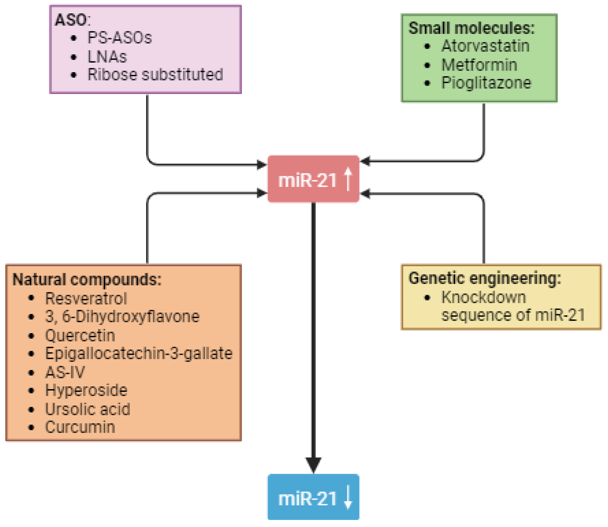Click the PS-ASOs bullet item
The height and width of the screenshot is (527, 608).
point(119,38)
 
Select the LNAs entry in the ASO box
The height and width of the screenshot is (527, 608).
point(107,56)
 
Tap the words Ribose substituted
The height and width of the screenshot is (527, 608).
point(155,74)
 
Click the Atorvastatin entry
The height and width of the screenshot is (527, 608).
point(485,46)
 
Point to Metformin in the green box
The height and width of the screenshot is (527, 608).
point(479,65)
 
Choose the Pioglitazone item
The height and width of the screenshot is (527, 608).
point(486,83)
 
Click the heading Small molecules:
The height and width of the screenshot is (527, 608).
point(471,28)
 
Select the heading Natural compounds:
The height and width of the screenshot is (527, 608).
point(87,279)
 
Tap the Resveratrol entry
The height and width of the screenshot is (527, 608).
point(86,299)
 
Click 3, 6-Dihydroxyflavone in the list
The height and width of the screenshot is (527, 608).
point(122,317)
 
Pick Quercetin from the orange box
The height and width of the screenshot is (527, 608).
point(80,336)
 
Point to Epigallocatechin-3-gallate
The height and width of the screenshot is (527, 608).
point(139,354)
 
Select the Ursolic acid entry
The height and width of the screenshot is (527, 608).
point(87,409)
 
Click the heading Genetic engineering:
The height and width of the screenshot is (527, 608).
point(485,278)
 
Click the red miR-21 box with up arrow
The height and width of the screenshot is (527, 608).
point(313,179)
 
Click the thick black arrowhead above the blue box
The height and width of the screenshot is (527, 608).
point(313,465)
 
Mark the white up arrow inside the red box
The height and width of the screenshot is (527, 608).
point(348,179)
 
